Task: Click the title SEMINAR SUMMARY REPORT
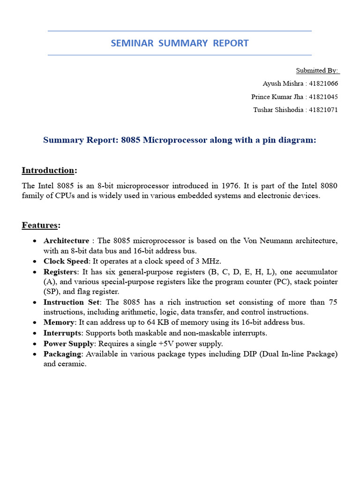[180, 44]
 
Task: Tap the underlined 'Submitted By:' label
[317, 71]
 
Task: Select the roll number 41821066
[324, 84]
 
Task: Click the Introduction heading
[48, 170]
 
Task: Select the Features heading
[41, 225]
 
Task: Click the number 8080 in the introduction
[328, 186]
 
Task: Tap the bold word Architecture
[66, 241]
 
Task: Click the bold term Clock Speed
[66, 262]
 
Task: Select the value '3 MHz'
[210, 262]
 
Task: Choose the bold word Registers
[60, 272]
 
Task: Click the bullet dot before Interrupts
[36, 333]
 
